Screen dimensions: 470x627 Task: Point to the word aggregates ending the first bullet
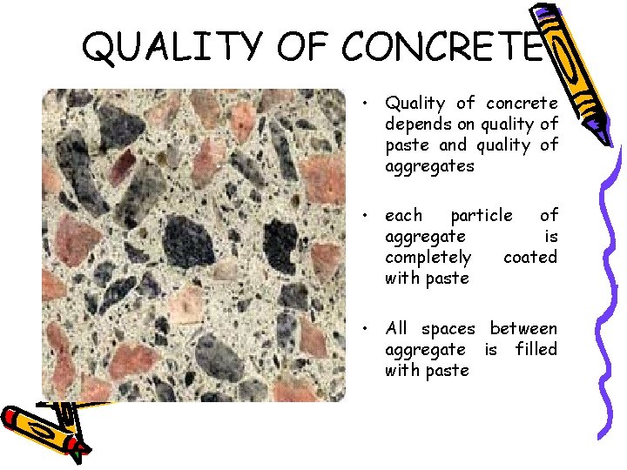pos(429,165)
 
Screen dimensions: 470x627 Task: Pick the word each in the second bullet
pos(403,215)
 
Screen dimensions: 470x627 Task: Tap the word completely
pos(428,257)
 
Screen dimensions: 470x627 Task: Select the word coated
pos(530,257)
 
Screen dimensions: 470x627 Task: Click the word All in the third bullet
pos(396,328)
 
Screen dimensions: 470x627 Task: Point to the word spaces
pos(448,329)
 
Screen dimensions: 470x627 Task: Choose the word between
pos(523,328)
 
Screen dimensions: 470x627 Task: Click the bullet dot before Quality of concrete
pos(369,104)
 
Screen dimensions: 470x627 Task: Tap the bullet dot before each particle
pos(369,215)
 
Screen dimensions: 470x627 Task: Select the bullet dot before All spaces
pos(369,328)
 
